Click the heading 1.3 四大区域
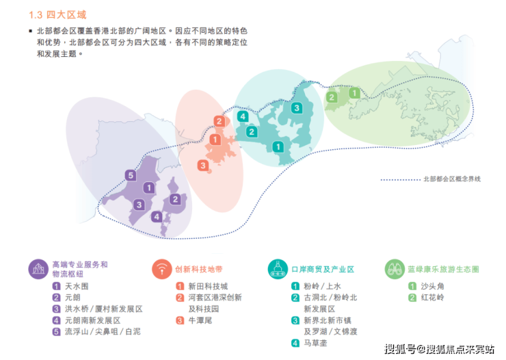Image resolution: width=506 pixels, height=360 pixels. tap(57, 15)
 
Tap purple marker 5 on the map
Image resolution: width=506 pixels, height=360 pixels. tap(131, 175)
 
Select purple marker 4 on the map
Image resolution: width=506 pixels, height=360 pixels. tap(157, 217)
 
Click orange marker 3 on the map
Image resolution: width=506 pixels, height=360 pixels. tap(203, 166)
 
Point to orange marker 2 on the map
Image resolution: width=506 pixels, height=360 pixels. tap(219, 121)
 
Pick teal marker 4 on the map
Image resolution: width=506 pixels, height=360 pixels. tap(243, 116)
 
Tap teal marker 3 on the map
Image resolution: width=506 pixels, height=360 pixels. tap(297, 108)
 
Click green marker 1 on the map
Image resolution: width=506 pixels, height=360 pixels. tap(355, 93)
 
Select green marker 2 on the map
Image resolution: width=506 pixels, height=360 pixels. tap(332, 97)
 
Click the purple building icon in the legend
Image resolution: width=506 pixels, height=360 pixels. tap(38, 269)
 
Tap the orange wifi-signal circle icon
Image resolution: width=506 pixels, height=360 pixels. tap(162, 269)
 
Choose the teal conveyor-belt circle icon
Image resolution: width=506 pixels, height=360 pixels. tap(278, 269)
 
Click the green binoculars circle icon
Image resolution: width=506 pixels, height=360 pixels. tap(395, 269)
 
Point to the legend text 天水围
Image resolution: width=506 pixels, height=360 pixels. tap(77, 286)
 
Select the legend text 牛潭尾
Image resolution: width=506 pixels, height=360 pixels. tap(200, 320)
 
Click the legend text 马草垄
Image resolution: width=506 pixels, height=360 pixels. tap(316, 343)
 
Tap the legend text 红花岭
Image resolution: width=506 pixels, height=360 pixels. tap(433, 298)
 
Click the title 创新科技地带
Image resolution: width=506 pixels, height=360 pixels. tap(199, 269)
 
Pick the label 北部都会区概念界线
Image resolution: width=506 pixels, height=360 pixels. tap(452, 179)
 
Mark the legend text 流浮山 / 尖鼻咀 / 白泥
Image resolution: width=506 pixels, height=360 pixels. tap(103, 332)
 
